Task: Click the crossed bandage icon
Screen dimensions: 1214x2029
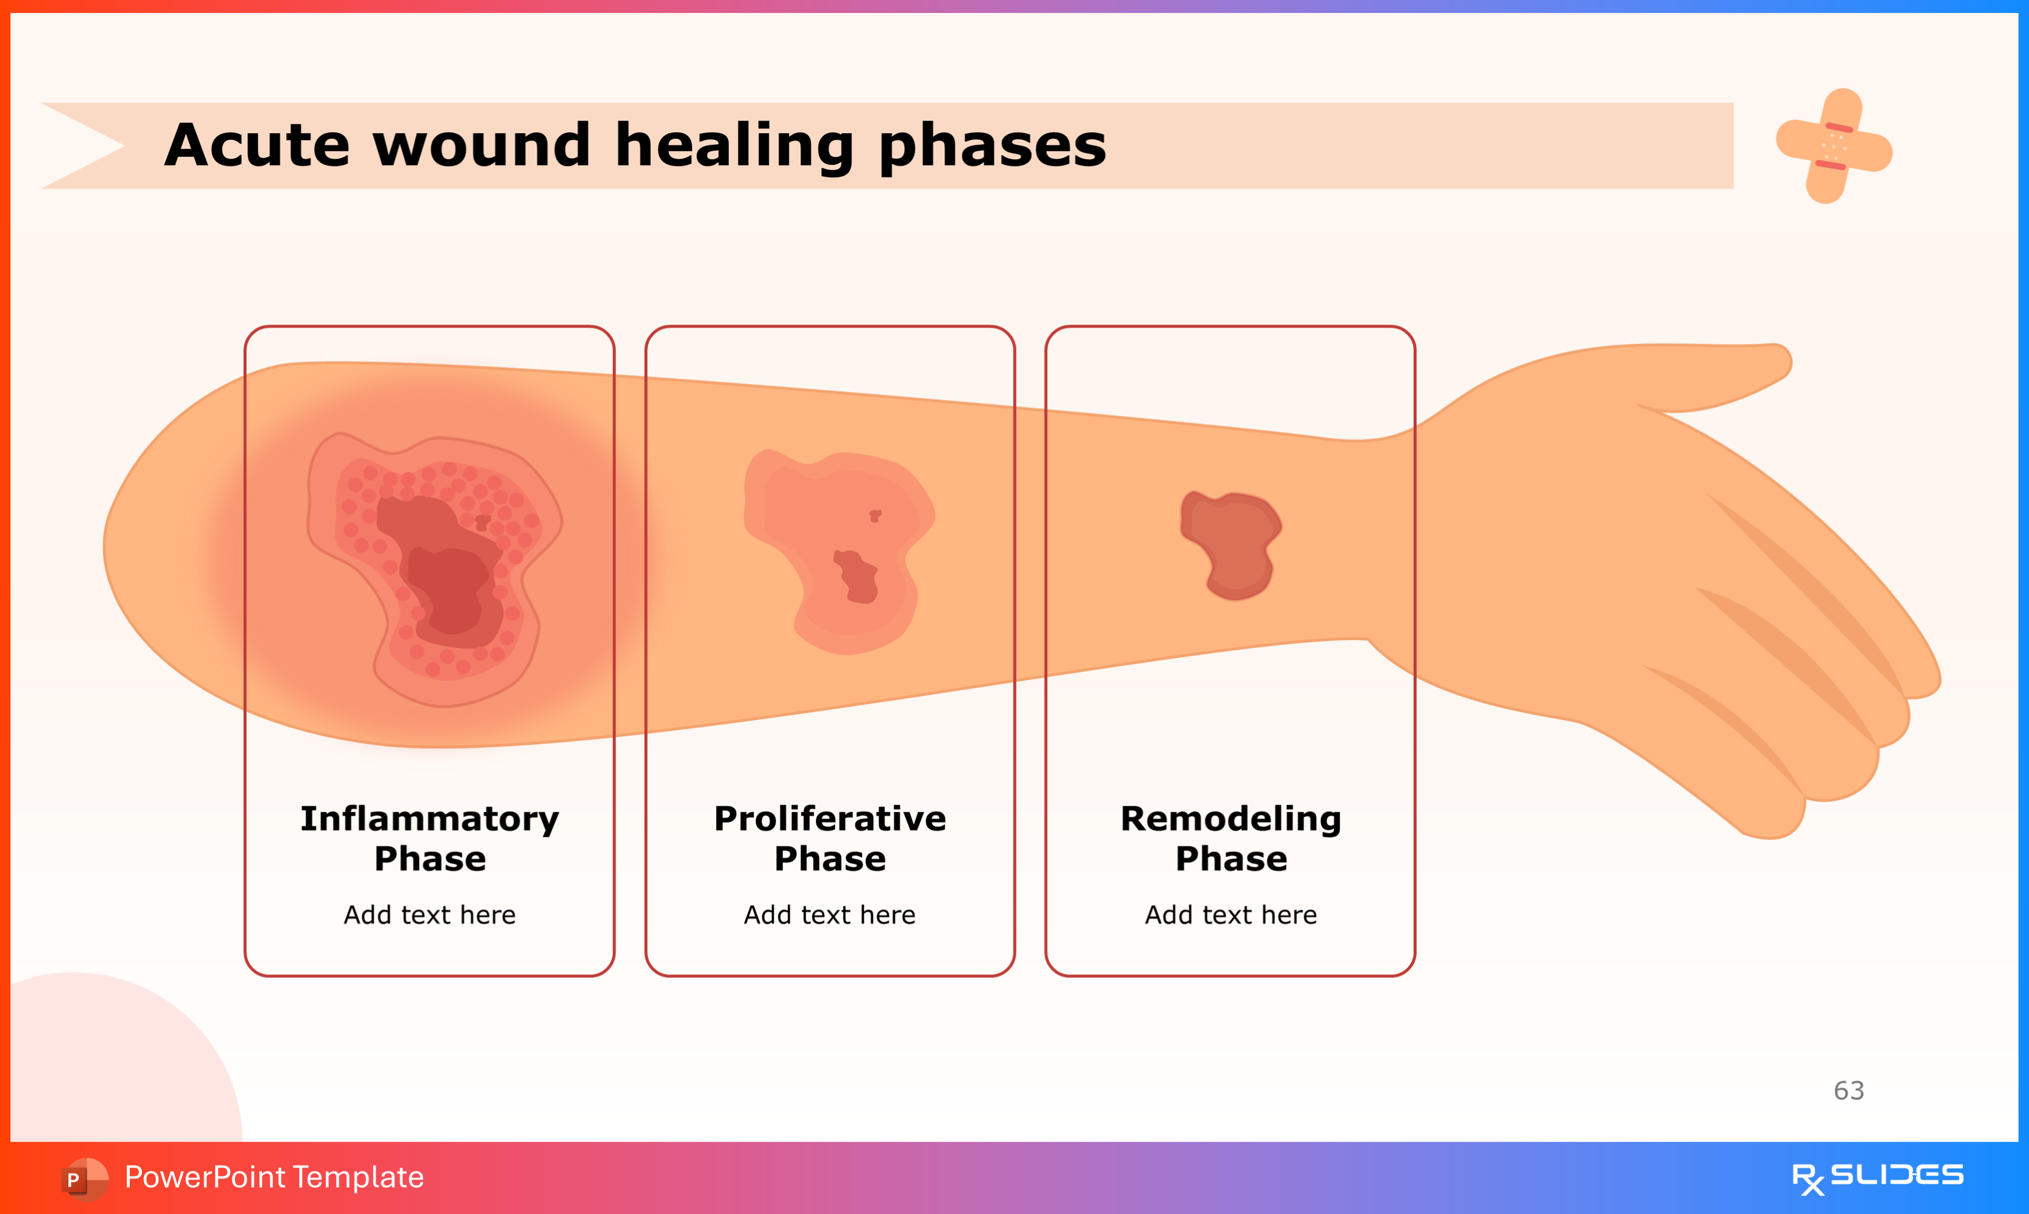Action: point(1833,146)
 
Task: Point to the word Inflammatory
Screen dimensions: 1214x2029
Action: point(429,819)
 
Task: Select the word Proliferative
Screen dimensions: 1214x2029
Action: point(829,819)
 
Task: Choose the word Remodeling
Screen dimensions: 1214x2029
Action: point(1230,819)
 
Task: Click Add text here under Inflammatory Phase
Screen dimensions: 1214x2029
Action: point(429,914)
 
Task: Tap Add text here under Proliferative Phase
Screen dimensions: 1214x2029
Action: point(829,914)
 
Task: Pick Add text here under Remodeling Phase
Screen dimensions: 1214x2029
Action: point(1230,914)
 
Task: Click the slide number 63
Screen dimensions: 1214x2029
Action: point(1848,1091)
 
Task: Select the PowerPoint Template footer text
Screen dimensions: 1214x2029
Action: point(274,1177)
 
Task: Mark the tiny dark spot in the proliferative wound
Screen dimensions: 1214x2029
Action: point(874,515)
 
